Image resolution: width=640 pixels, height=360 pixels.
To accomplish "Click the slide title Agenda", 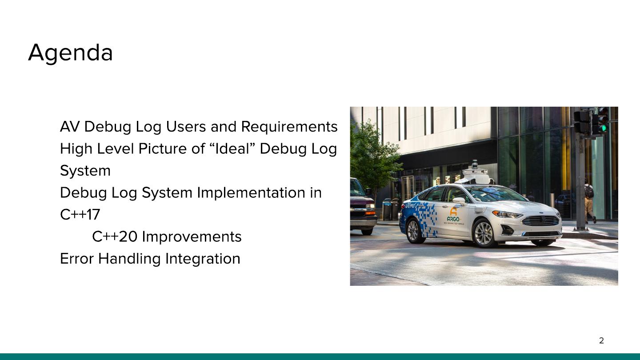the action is click(x=70, y=53).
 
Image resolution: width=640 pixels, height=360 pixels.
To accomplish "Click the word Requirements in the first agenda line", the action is click(x=289, y=127).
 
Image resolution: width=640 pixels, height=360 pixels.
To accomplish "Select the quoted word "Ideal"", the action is click(x=232, y=148).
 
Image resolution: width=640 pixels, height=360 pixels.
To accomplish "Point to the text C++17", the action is click(x=80, y=215).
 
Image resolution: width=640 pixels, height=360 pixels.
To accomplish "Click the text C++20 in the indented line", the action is click(x=115, y=236).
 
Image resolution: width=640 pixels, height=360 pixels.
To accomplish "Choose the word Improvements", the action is click(x=192, y=236).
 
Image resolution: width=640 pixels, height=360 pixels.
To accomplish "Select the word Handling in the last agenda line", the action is click(x=129, y=259).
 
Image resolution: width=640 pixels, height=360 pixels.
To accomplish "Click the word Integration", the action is click(x=203, y=259).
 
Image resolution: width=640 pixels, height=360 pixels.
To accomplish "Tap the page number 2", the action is click(x=601, y=340).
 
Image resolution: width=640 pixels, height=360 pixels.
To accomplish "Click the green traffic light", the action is click(x=604, y=128).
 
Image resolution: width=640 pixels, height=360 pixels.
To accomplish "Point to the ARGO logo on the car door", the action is click(x=453, y=216).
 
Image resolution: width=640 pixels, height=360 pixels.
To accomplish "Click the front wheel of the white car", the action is click(x=484, y=233).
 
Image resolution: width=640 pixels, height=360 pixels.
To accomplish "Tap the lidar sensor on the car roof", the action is click(x=475, y=173).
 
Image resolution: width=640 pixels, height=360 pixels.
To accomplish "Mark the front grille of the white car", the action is click(x=540, y=220).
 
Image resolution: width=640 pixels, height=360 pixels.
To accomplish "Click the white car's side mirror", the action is click(x=459, y=201).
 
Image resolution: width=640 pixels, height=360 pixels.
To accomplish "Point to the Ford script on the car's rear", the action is click(x=410, y=205).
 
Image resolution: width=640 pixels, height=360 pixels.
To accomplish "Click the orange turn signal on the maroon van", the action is click(x=370, y=213).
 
